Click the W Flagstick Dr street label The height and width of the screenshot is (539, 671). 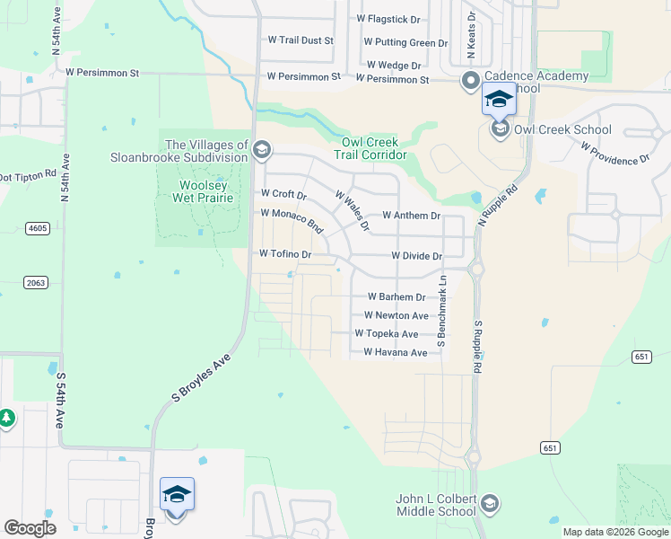click(x=388, y=19)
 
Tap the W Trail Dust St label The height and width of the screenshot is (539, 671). click(x=301, y=40)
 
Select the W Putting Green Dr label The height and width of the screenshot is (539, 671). click(x=405, y=42)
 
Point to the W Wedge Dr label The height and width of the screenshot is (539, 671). click(x=394, y=66)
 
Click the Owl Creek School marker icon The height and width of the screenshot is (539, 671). click(x=500, y=130)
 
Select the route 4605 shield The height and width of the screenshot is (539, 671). click(x=37, y=229)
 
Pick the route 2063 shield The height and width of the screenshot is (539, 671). click(x=37, y=283)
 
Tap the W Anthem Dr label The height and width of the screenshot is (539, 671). click(x=411, y=216)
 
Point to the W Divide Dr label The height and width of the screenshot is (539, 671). click(x=417, y=256)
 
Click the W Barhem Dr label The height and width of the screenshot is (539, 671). click(x=396, y=296)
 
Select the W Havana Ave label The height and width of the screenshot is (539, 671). click(x=395, y=353)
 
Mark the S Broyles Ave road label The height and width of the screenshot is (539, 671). click(x=202, y=377)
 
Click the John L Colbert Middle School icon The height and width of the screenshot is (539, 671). click(x=489, y=503)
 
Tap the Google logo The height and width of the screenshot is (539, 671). click(x=30, y=528)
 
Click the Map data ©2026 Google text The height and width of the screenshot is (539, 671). click(x=614, y=532)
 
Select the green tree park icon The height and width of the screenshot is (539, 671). click(x=6, y=419)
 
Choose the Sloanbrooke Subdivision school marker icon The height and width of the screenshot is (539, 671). click(x=262, y=150)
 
